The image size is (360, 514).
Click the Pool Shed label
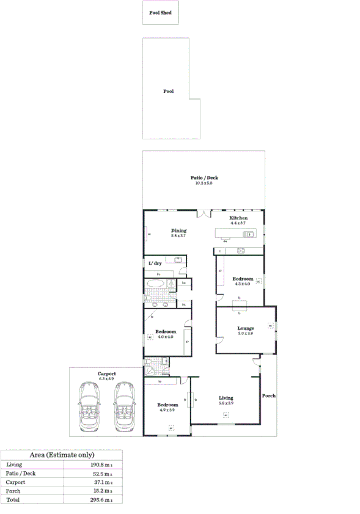tap(161, 12)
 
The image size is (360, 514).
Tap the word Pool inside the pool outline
tap(168, 91)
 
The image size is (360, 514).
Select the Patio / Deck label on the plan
tap(204, 178)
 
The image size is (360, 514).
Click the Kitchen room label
tap(238, 218)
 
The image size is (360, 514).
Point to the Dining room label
tap(178, 230)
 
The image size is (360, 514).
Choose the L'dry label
tap(155, 263)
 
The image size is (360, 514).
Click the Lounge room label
tap(245, 328)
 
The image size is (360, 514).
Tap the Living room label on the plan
tap(226, 398)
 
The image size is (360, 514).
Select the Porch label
tap(269, 395)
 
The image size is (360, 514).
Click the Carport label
tap(107, 373)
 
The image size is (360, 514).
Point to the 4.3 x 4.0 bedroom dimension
tap(243, 284)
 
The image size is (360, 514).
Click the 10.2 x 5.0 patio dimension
tap(204, 183)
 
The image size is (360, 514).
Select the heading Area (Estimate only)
tap(62, 455)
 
